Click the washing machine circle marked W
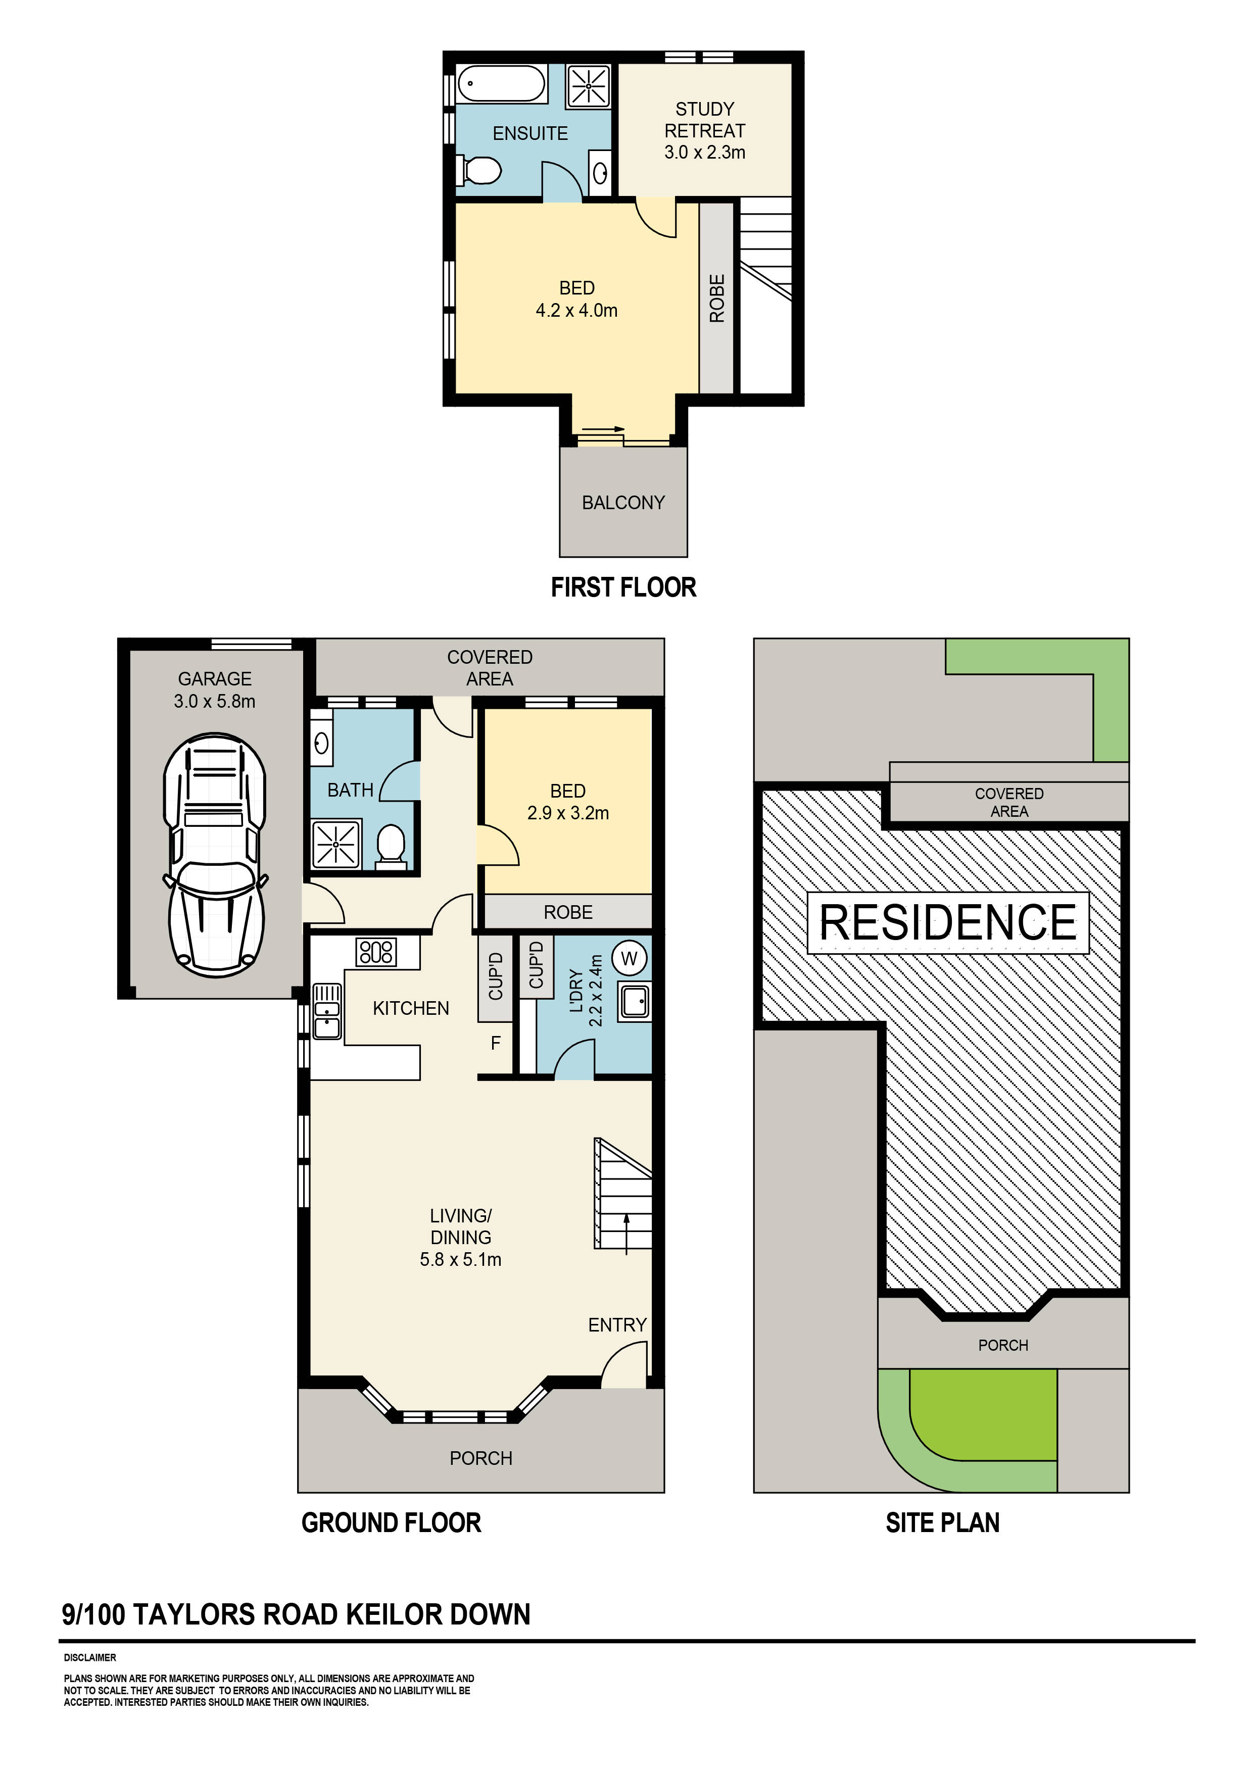(629, 959)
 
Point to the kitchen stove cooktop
(376, 952)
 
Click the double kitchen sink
(327, 1011)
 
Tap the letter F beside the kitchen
(496, 1044)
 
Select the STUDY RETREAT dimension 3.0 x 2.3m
(704, 153)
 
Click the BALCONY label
(622, 503)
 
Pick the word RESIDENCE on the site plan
(947, 922)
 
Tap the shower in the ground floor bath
(336, 844)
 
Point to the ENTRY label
(617, 1325)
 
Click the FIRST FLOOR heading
(623, 588)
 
